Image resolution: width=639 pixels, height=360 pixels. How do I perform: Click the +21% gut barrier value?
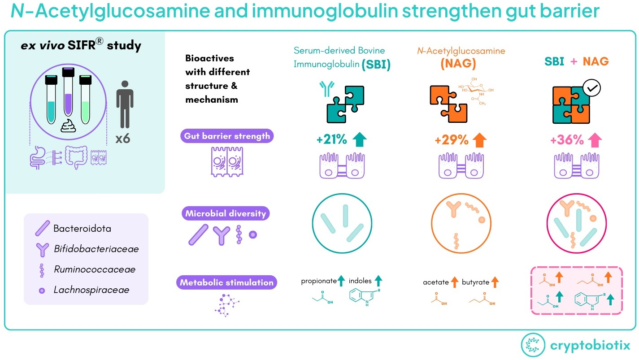(x=331, y=140)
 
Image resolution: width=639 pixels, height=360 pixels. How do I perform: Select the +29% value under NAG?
(x=452, y=140)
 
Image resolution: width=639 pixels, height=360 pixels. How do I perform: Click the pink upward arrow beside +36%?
(x=596, y=140)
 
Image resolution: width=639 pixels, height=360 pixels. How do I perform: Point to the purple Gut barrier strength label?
(x=227, y=136)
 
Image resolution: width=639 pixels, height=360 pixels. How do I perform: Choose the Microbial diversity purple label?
(x=226, y=213)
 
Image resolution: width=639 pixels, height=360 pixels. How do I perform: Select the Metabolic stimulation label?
(x=226, y=282)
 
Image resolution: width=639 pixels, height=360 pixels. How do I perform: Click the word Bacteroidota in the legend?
(x=82, y=229)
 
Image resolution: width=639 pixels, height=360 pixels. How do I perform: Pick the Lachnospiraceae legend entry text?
(x=91, y=290)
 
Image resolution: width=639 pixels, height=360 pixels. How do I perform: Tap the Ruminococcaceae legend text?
(x=94, y=269)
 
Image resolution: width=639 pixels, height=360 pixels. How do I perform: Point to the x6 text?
(x=122, y=139)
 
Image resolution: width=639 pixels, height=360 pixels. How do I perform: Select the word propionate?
(x=318, y=281)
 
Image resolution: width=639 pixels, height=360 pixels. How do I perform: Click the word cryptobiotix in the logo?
(x=590, y=346)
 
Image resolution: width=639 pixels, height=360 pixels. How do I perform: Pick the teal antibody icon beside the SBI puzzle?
(x=325, y=89)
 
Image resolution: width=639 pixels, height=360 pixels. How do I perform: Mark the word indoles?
(x=360, y=281)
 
